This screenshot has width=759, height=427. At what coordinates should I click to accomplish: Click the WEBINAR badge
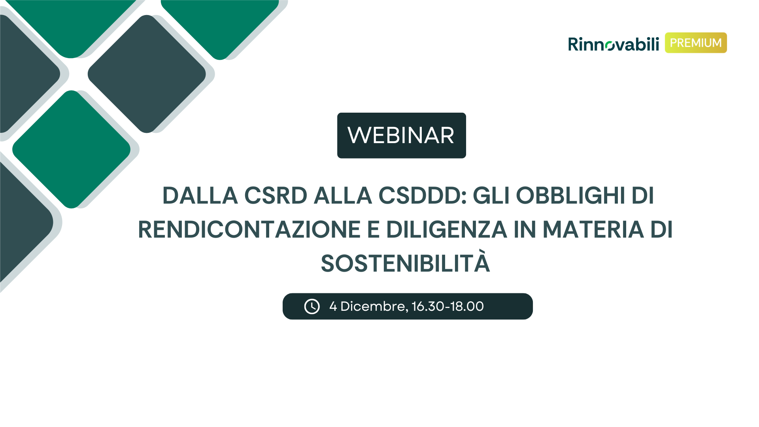pyautogui.click(x=401, y=135)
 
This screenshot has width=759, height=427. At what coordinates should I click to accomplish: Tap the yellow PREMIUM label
pyautogui.click(x=696, y=43)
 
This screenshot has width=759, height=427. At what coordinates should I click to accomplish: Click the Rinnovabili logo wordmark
pyautogui.click(x=614, y=44)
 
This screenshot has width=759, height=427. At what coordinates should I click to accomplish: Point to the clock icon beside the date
pyautogui.click(x=312, y=306)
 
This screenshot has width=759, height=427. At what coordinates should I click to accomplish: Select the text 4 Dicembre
pyautogui.click(x=367, y=306)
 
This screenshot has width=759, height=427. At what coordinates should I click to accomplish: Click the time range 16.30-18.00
pyautogui.click(x=447, y=306)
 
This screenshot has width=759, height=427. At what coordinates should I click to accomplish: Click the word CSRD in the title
pyautogui.click(x=276, y=195)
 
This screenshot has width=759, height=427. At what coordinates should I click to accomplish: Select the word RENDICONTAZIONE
pyautogui.click(x=249, y=230)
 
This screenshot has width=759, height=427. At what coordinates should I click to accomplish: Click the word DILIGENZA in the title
pyautogui.click(x=446, y=230)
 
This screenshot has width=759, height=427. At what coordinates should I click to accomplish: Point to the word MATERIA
pyautogui.click(x=593, y=230)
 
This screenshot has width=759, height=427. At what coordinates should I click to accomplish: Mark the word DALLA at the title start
pyautogui.click(x=200, y=195)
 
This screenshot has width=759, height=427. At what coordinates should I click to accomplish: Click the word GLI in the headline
pyautogui.click(x=491, y=195)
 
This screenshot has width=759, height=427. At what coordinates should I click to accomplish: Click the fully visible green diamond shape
pyautogui.click(x=72, y=149)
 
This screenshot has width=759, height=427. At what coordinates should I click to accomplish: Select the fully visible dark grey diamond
pyautogui.click(x=147, y=74)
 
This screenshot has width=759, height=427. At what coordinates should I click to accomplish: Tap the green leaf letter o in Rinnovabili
pyautogui.click(x=610, y=46)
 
